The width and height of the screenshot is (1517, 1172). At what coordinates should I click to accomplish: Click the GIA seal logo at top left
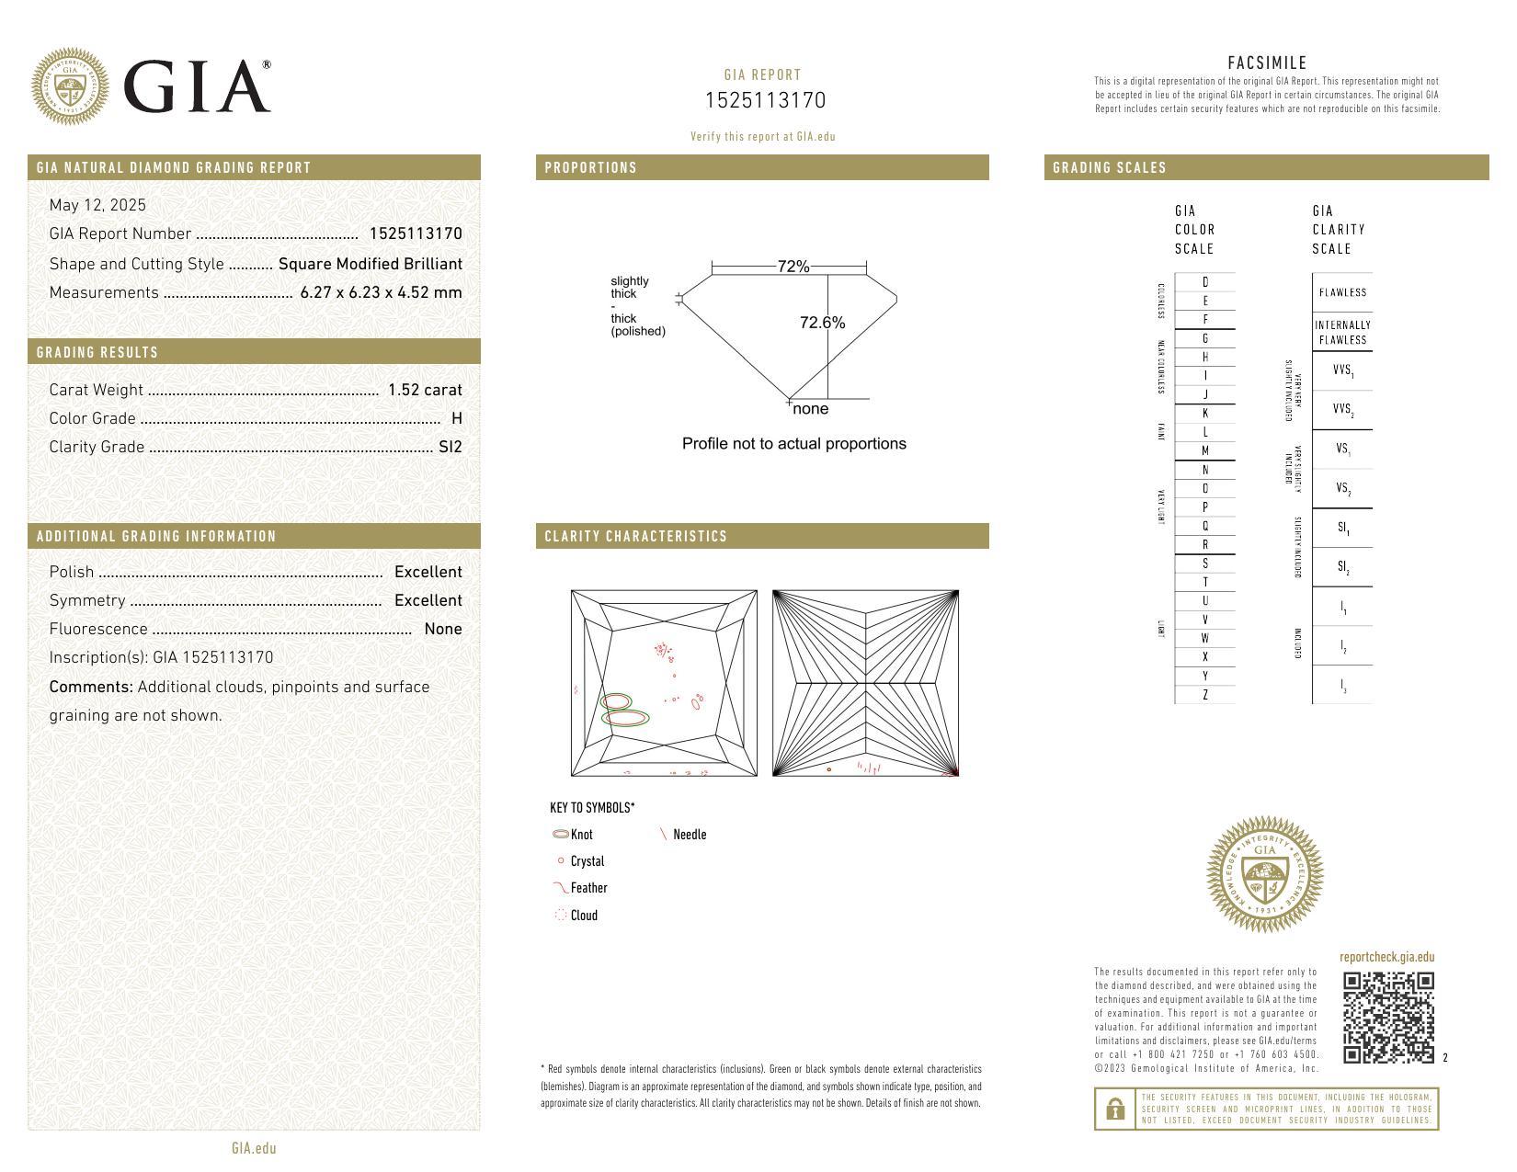[x=70, y=86]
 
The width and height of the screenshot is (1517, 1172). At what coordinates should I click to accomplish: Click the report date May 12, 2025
[x=97, y=205]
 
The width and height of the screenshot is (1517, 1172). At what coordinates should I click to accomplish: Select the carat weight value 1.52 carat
[x=425, y=390]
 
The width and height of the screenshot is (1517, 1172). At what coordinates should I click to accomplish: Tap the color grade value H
[x=457, y=418]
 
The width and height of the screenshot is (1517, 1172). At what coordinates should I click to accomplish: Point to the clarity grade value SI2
[x=451, y=447]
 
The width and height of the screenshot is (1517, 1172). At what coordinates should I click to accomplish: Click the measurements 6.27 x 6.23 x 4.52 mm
[x=381, y=292]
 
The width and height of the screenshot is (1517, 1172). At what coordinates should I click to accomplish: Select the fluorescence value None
[x=442, y=629]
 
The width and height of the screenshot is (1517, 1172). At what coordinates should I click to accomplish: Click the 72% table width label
[x=793, y=267]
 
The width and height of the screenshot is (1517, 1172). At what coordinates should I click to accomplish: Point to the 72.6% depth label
[x=822, y=323]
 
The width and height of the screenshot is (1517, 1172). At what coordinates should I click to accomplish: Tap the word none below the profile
[x=810, y=409]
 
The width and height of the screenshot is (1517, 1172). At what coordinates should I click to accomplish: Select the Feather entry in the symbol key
[x=587, y=888]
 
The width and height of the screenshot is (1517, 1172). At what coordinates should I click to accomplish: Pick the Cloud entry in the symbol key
[x=583, y=916]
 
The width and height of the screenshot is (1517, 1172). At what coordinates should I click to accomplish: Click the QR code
[x=1388, y=1018]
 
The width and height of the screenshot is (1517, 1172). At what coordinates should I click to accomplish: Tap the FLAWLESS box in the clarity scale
[x=1342, y=292]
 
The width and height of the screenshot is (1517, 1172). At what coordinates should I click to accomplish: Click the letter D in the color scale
[x=1205, y=282]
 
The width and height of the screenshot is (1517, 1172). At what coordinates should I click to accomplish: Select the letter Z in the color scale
[x=1205, y=695]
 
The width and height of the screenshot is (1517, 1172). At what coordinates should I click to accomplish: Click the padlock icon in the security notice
[x=1115, y=1109]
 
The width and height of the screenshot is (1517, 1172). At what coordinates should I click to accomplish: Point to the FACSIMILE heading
[x=1267, y=63]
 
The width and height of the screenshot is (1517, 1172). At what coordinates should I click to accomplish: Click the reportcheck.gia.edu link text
[x=1386, y=957]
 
